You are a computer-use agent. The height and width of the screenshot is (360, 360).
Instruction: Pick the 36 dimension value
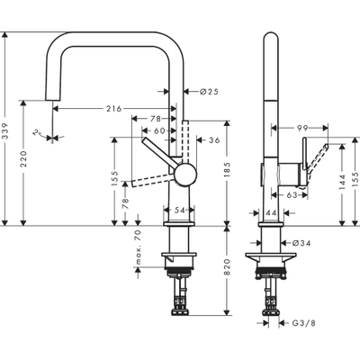(x=213, y=139)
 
